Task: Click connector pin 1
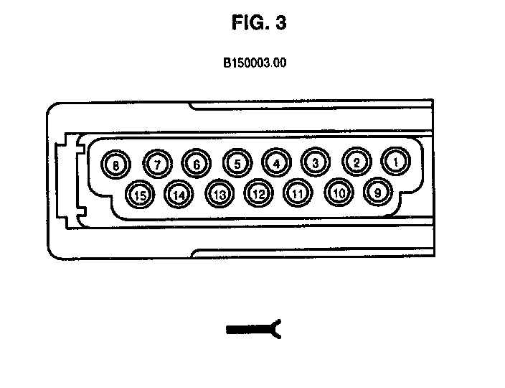click(x=395, y=162)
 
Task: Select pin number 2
click(x=356, y=162)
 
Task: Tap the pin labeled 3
click(x=316, y=162)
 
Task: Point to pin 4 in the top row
click(x=276, y=163)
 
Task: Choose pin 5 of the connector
click(x=237, y=164)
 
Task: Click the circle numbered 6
click(x=196, y=164)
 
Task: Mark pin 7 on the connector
click(x=158, y=165)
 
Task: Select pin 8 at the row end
click(x=115, y=165)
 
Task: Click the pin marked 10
click(x=339, y=192)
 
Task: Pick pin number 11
click(x=298, y=193)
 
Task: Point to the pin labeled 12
click(x=259, y=193)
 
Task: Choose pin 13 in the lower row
click(x=220, y=193)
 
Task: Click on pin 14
click(x=179, y=193)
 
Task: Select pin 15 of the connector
click(x=139, y=194)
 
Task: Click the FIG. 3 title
click(x=259, y=23)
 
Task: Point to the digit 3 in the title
click(x=280, y=23)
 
